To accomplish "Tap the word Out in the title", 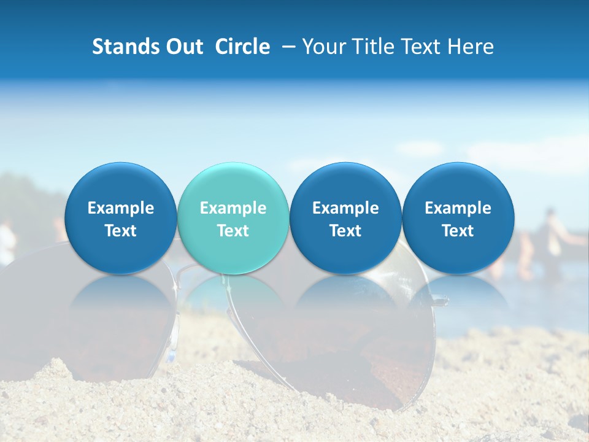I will [x=183, y=47].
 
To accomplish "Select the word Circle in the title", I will [x=242, y=47].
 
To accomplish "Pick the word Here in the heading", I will [x=471, y=47].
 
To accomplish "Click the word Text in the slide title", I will [x=423, y=47].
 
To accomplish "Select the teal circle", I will [x=233, y=218].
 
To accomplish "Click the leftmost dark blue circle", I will [x=120, y=218].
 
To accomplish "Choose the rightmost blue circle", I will [x=458, y=218].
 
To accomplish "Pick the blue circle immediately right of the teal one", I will [x=345, y=218].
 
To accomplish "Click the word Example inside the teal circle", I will [x=233, y=208].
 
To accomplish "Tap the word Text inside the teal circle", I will [x=233, y=231].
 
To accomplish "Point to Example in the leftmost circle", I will [x=120, y=208].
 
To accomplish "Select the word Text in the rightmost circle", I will [x=458, y=231].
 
